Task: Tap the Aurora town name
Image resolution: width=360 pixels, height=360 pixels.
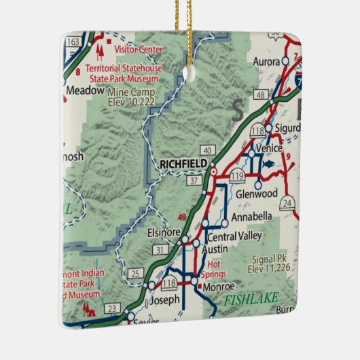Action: point(267,62)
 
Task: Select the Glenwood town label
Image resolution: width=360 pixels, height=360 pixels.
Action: point(257,194)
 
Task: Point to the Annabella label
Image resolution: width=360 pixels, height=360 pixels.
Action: point(251,217)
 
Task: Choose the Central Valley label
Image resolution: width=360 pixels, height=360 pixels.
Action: point(234,237)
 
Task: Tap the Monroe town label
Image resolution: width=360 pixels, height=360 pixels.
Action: point(217,286)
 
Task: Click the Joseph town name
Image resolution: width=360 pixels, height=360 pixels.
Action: point(165,299)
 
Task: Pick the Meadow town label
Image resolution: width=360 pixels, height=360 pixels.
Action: point(86,89)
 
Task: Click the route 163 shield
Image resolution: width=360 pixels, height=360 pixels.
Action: point(72,42)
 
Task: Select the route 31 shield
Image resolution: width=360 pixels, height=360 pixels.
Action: point(160,251)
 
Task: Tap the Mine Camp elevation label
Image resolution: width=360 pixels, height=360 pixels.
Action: point(130,96)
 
